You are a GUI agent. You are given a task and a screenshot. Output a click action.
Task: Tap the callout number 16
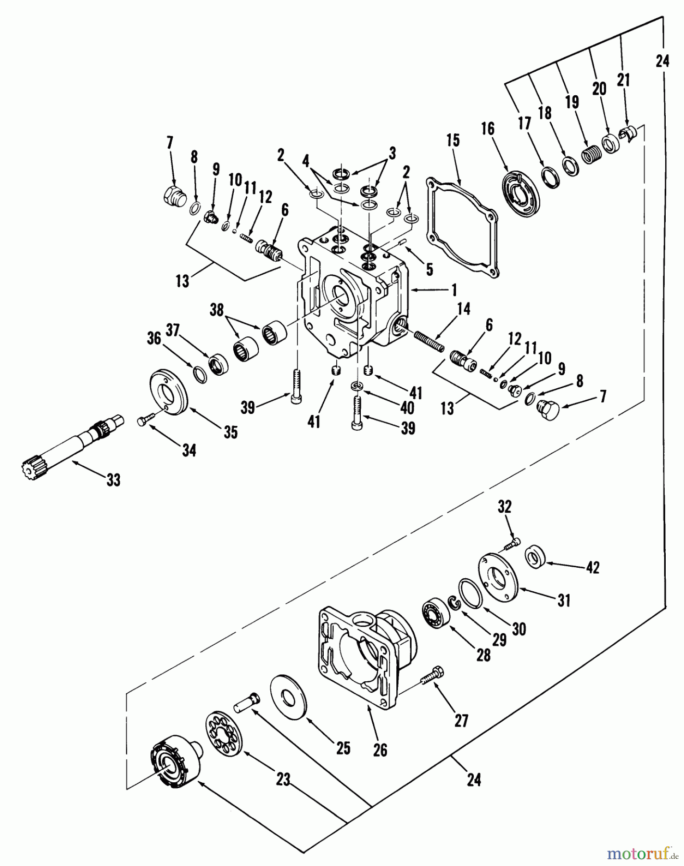pyautogui.click(x=487, y=129)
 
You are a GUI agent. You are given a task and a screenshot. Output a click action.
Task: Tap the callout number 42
pyautogui.click(x=593, y=568)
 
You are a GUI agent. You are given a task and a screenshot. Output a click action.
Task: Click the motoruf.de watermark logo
pyautogui.click(x=639, y=853)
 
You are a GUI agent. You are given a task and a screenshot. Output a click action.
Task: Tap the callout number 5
pyautogui.click(x=429, y=269)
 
